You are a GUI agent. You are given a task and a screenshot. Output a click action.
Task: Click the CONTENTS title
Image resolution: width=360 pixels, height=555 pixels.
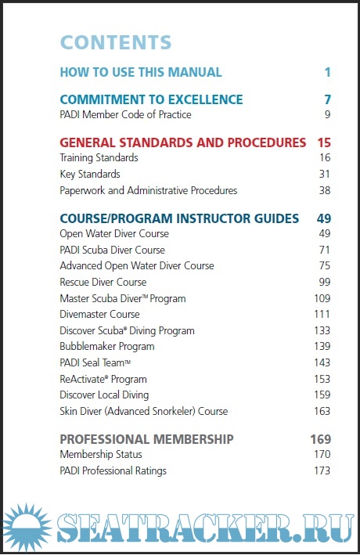pos(116,42)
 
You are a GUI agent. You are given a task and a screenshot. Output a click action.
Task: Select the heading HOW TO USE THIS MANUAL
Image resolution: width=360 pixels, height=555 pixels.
pos(141,72)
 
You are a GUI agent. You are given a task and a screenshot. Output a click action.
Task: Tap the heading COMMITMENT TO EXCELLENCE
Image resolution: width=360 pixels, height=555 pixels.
pos(151,99)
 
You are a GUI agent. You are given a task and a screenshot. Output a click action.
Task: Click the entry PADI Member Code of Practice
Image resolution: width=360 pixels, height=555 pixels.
pos(125,115)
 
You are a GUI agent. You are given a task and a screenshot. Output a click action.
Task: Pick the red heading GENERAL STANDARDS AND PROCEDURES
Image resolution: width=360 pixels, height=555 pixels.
pos(183,142)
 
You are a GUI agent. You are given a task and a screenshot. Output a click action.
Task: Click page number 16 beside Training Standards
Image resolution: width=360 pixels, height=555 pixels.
pos(324,158)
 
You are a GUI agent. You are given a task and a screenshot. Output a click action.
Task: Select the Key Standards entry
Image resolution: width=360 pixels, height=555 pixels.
pos(90,174)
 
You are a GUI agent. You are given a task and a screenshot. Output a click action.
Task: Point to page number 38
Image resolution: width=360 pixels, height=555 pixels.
pos(324,190)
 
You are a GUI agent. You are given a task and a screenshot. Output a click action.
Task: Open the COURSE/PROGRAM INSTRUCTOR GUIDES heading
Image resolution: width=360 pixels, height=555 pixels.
pos(179,218)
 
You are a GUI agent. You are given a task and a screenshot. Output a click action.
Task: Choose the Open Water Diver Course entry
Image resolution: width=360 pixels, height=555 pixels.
pos(114,234)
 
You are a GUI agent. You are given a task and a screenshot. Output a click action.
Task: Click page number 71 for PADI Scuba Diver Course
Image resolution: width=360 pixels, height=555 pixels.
pos(324,250)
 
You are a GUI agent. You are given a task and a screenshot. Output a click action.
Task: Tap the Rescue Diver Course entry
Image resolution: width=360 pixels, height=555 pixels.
pos(103,282)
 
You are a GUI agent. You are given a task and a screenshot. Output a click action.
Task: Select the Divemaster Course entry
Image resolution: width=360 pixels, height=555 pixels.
pos(99,314)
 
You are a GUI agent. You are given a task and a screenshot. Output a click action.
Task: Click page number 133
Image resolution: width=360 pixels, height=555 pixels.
pos(322,330)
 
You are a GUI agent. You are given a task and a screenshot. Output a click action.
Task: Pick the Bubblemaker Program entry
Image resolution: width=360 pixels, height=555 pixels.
pos(107,346)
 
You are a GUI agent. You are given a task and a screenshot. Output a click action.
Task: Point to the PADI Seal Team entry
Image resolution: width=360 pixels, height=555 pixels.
pos(95,362)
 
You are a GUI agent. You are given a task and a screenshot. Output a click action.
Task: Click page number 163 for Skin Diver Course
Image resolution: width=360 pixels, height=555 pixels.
pos(322,411)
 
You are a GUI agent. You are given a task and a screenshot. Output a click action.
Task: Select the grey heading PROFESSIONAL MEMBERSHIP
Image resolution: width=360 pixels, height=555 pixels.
pos(146,439)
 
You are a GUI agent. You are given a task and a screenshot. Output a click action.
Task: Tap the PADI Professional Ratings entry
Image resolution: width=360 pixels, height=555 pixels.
pos(113,470)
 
